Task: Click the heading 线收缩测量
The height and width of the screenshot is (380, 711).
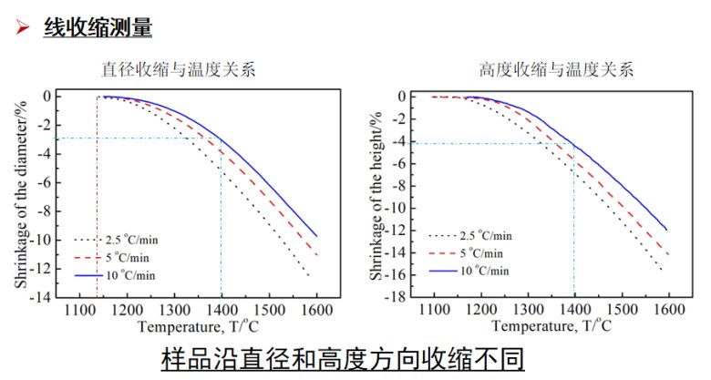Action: [x=98, y=27]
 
